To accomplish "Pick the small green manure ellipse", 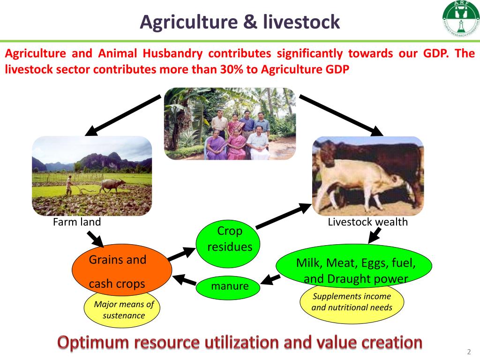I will pyautogui.click(x=228, y=287).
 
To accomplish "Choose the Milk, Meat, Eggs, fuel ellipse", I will pyautogui.click(x=354, y=265).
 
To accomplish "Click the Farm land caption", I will pyautogui.click(x=77, y=222).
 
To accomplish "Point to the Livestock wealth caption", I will pyautogui.click(x=367, y=222).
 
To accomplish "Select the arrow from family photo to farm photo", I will pyautogui.click(x=124, y=114).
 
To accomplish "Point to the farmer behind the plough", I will pyautogui.click(x=69, y=184).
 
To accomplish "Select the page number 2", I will pyautogui.click(x=468, y=352).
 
